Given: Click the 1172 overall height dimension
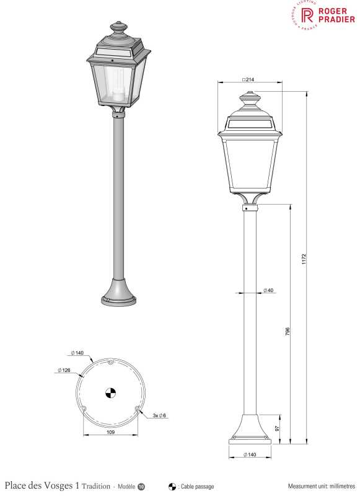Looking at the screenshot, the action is [x=304, y=259].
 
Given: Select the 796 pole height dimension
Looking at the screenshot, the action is [x=287, y=331].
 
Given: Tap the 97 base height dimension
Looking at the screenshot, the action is [x=277, y=428].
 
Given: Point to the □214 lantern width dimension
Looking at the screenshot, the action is [x=248, y=79].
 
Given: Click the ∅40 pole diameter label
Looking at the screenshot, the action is [x=268, y=290].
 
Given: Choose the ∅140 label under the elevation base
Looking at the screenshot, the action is [x=250, y=454].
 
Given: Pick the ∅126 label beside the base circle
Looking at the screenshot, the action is [x=64, y=370].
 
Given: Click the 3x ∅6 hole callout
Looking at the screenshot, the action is [x=159, y=415].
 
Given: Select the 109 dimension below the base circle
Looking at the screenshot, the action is [x=111, y=432].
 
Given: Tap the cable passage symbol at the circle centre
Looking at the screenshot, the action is [x=111, y=393].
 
